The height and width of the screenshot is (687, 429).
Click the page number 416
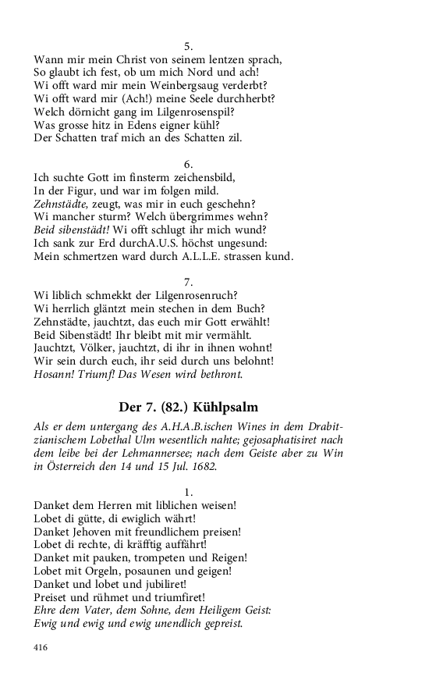tap(41, 647)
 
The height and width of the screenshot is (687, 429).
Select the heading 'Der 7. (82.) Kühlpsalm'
tap(187, 407)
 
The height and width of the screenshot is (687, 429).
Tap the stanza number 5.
tap(188, 46)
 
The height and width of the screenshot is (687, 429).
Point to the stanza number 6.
tap(188, 164)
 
